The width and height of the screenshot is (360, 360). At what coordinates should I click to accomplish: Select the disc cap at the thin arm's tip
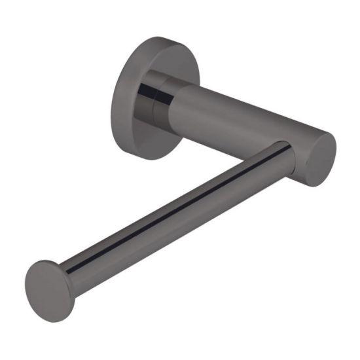click(x=49, y=291)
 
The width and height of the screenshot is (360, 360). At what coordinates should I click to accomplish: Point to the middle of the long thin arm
click(x=177, y=212)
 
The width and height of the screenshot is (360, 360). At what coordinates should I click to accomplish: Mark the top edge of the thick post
click(x=242, y=98)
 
